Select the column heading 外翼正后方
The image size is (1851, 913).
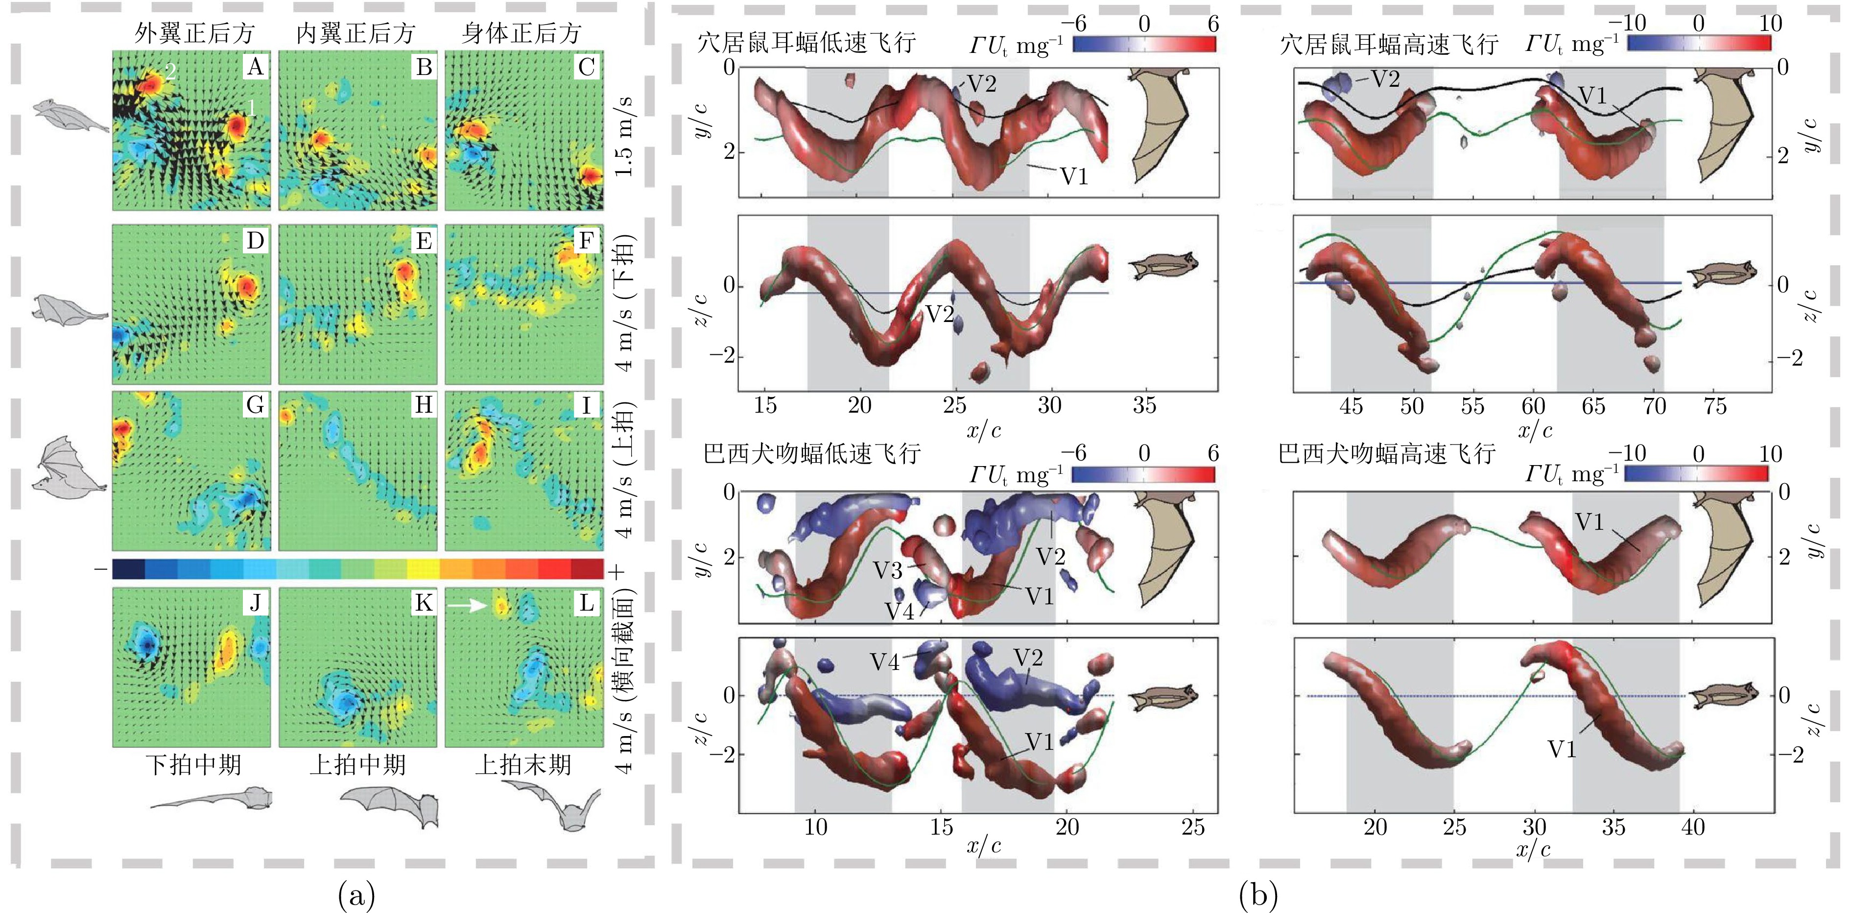[x=194, y=33]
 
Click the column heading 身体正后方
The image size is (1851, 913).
[x=521, y=33]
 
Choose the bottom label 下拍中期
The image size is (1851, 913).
[x=193, y=764]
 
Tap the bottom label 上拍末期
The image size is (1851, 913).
[x=523, y=764]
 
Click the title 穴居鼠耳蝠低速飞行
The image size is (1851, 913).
[x=806, y=43]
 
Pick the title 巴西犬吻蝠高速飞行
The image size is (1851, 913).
[x=1387, y=454]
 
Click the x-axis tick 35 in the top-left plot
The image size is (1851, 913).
[x=1144, y=406]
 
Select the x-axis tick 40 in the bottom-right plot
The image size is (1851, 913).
[x=1692, y=827]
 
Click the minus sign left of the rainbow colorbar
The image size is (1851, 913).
[x=100, y=570]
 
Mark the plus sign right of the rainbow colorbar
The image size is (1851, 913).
[x=617, y=571]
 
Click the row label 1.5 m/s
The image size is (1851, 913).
[x=625, y=137]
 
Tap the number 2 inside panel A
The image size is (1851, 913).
[x=170, y=71]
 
